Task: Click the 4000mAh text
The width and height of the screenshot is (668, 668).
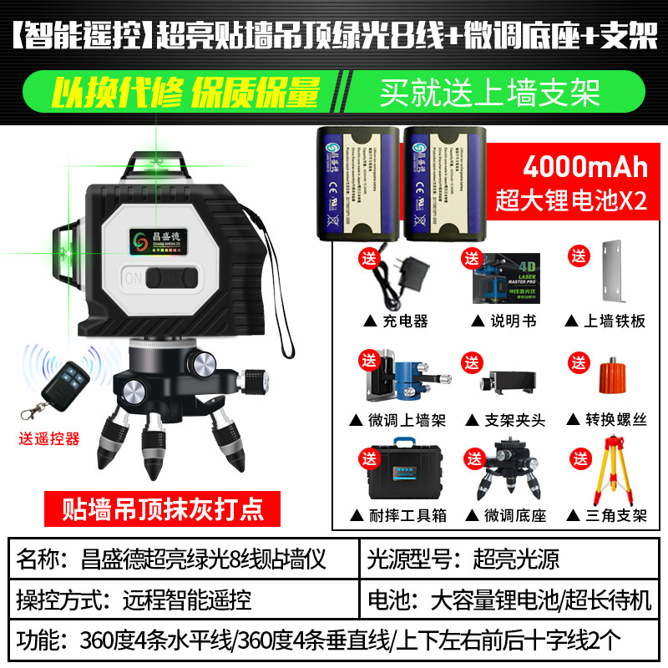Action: (584, 167)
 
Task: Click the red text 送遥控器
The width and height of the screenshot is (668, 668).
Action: (48, 438)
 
